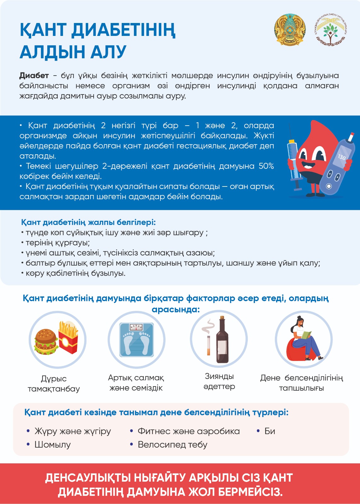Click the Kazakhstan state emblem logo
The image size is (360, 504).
(x=290, y=30)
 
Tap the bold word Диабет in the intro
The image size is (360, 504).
(x=34, y=76)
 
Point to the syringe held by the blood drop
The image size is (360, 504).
(x=294, y=164)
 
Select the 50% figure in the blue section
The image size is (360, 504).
(x=266, y=166)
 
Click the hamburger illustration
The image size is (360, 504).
(x=46, y=342)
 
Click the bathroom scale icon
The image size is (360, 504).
(x=136, y=340)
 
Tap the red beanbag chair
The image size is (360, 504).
(x=296, y=350)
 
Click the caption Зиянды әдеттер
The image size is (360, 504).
(x=219, y=381)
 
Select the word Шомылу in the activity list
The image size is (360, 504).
(x=53, y=444)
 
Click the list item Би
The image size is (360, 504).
(x=270, y=431)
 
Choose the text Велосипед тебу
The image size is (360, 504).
(x=172, y=444)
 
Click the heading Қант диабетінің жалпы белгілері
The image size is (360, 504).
(x=88, y=222)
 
